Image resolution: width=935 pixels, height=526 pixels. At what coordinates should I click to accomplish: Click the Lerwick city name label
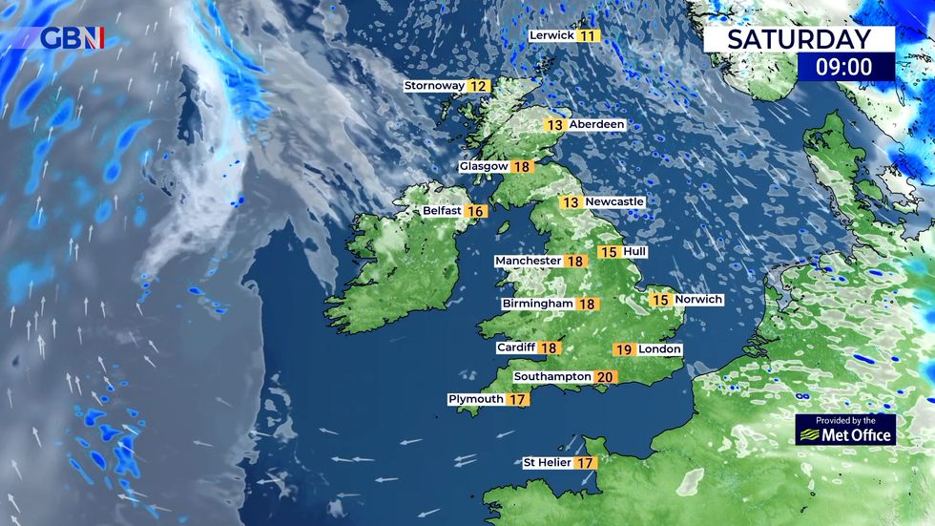tap(552, 35)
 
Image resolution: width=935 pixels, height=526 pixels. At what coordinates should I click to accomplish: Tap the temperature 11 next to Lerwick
tap(588, 35)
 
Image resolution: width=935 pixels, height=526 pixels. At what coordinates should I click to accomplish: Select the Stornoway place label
tap(434, 86)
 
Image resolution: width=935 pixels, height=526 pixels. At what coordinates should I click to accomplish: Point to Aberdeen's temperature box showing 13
tap(554, 125)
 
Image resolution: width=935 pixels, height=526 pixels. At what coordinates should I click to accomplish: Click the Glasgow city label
tap(484, 166)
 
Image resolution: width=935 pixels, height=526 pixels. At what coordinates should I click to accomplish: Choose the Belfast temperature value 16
tap(475, 211)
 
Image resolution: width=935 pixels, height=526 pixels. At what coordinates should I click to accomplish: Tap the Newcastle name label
tap(615, 202)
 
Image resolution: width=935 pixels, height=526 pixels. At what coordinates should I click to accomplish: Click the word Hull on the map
tap(634, 252)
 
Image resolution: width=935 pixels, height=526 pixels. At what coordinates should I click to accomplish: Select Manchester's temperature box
tap(575, 261)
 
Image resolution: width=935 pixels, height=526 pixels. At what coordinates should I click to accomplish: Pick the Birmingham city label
tap(538, 304)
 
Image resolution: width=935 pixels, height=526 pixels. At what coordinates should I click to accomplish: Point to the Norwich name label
tap(699, 300)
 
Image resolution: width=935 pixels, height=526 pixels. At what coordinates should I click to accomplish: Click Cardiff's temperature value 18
tap(550, 348)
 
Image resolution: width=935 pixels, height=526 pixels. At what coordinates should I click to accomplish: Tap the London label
tap(660, 349)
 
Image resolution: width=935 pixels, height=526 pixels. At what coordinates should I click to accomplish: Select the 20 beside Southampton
tap(604, 377)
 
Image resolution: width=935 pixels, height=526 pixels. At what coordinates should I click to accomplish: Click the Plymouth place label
tap(476, 399)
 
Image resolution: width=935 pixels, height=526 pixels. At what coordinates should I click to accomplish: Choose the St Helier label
tap(547, 463)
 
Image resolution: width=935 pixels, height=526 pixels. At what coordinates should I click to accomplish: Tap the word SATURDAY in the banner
tap(799, 39)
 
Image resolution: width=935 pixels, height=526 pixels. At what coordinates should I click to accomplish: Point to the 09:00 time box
tap(845, 66)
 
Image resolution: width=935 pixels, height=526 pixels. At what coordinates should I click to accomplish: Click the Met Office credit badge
tap(846, 430)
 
